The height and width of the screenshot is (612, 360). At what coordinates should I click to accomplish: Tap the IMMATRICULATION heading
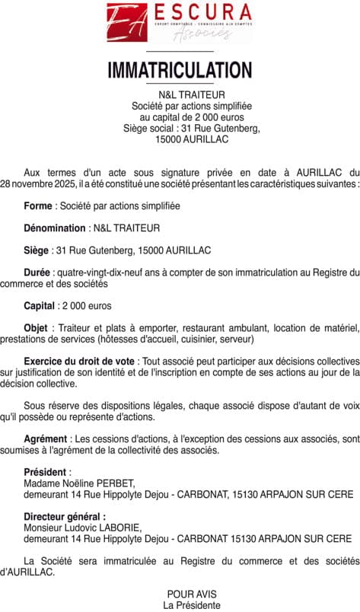pos(180,70)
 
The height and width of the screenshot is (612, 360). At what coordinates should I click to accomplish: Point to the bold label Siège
pos(37,250)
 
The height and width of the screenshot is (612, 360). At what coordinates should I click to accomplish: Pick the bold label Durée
pos(37,273)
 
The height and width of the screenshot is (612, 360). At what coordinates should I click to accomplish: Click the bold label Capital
pos(40,305)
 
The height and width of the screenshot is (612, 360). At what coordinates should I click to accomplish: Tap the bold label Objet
pos(37,327)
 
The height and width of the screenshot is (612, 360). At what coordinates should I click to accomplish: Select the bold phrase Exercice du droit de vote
pos(80,360)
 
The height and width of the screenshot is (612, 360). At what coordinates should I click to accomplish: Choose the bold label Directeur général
pos(65,516)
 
